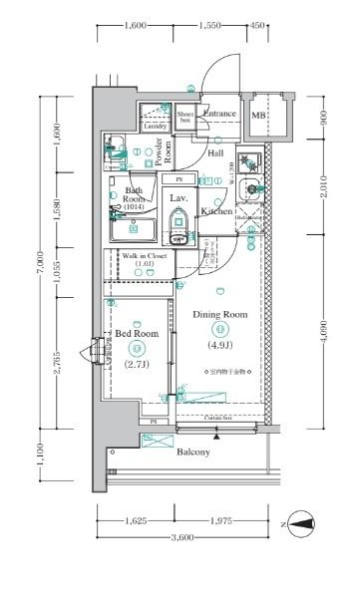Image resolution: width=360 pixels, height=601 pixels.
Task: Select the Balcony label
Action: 192,452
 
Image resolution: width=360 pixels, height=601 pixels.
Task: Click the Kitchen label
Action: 216,211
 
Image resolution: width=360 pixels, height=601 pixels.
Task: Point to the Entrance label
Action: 219,114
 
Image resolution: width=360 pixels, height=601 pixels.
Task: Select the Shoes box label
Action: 184,117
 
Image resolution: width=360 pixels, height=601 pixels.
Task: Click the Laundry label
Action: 155,127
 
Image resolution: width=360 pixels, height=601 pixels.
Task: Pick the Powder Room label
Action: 167,150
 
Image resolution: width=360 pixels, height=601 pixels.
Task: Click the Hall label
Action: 215,152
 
